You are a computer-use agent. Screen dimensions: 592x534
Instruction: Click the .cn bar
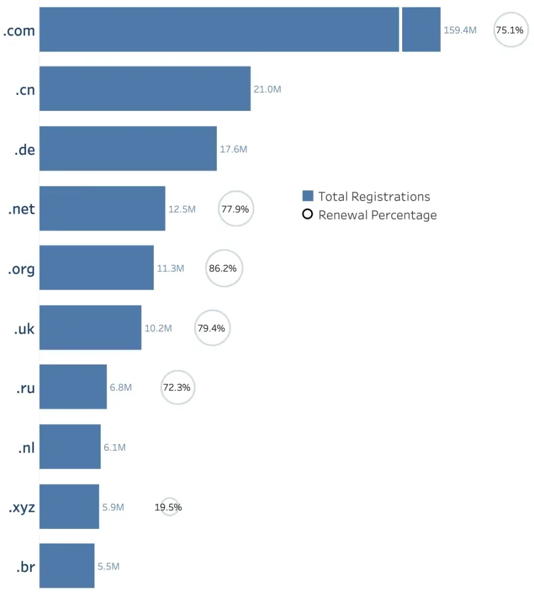tap(145, 88)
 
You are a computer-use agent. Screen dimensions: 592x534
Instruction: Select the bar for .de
tap(128, 149)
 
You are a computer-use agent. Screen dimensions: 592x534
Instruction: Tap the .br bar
tap(67, 565)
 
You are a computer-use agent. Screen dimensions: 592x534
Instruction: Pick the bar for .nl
tap(70, 446)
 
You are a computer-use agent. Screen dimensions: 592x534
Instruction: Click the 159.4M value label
tap(460, 30)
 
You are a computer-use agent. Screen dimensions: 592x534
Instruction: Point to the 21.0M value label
tap(267, 90)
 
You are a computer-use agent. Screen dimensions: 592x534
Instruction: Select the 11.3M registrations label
tap(170, 268)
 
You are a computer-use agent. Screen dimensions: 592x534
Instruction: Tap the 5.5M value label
tap(108, 567)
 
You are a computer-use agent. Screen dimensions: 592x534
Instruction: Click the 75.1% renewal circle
tap(510, 30)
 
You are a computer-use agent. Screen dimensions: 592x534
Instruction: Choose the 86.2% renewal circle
tap(224, 268)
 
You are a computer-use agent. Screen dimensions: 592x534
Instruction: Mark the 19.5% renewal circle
tap(169, 507)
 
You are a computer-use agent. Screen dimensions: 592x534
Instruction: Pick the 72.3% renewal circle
tap(178, 387)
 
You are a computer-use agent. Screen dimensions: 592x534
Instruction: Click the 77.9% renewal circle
tap(235, 209)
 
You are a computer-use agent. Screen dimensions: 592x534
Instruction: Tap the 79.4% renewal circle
tap(212, 328)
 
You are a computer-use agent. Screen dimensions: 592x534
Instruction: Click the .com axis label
tap(19, 31)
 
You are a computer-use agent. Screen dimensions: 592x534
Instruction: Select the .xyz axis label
tap(21, 508)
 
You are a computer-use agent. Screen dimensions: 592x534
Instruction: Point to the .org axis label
tap(21, 269)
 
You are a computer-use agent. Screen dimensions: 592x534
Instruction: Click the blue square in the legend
tap(308, 196)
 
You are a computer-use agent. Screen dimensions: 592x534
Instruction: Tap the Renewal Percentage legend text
tap(377, 215)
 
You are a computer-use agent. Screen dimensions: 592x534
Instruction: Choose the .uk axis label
tap(24, 328)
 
